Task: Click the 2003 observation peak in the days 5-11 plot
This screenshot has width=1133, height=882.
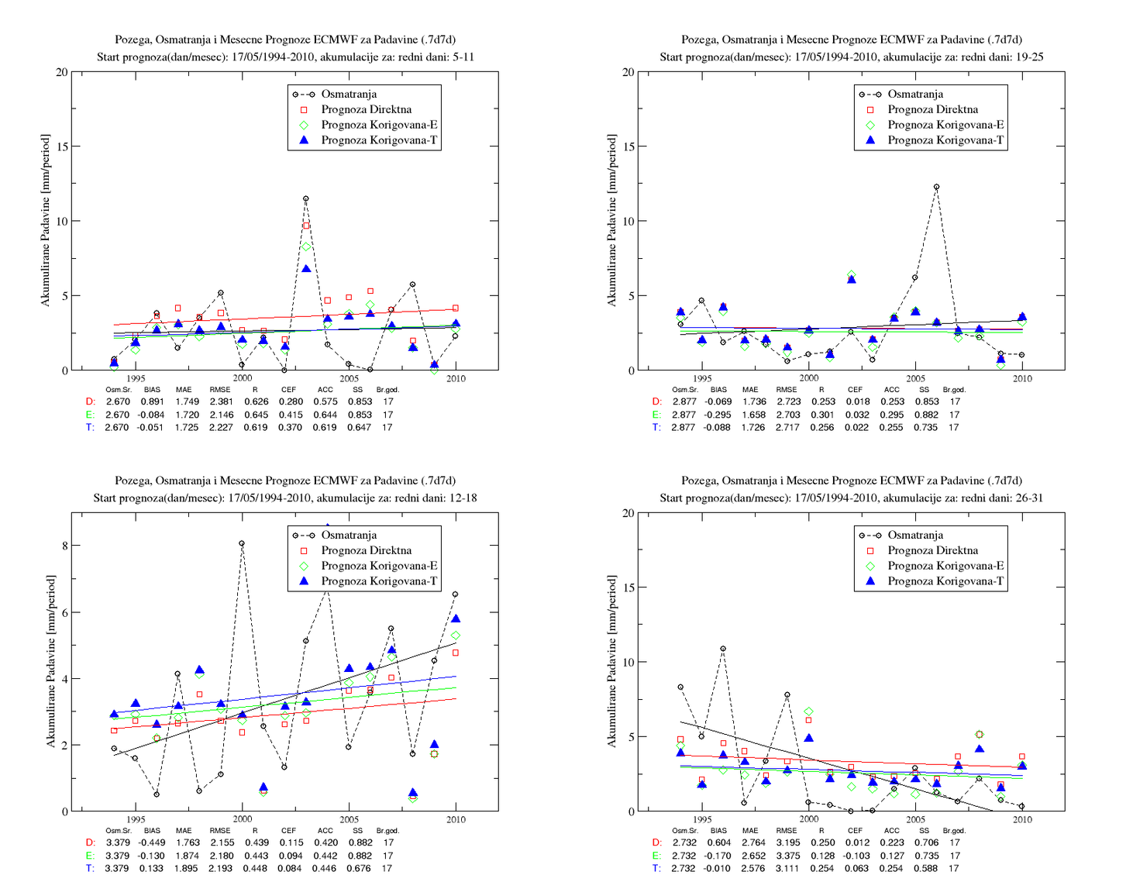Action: (305, 198)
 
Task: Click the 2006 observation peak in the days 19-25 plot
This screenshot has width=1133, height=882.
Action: (936, 187)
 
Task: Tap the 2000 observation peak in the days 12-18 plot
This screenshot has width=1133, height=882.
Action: (242, 543)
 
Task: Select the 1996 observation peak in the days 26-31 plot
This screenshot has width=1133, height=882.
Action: (723, 649)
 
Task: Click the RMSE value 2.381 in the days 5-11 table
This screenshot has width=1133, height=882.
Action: (221, 401)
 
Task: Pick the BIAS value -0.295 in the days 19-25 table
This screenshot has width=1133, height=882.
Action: (718, 415)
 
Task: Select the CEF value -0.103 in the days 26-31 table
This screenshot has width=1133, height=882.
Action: (856, 856)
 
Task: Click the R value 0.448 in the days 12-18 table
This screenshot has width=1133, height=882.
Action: (255, 869)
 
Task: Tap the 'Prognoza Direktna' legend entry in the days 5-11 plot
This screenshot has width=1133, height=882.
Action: (366, 109)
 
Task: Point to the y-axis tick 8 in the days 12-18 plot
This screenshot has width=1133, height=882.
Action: (64, 546)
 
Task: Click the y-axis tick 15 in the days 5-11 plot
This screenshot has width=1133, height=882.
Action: (62, 146)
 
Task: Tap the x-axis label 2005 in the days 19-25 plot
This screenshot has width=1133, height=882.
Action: (915, 378)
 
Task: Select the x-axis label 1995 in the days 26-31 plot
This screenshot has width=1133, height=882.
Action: (702, 819)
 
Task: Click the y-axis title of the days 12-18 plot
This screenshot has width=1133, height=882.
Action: (50, 661)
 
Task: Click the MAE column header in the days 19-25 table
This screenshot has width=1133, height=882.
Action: (750, 389)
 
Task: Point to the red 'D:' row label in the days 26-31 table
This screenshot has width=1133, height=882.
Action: (657, 842)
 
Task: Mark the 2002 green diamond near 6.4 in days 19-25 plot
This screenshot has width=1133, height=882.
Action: (852, 274)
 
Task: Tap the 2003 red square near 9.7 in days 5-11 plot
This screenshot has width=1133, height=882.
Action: (306, 226)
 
